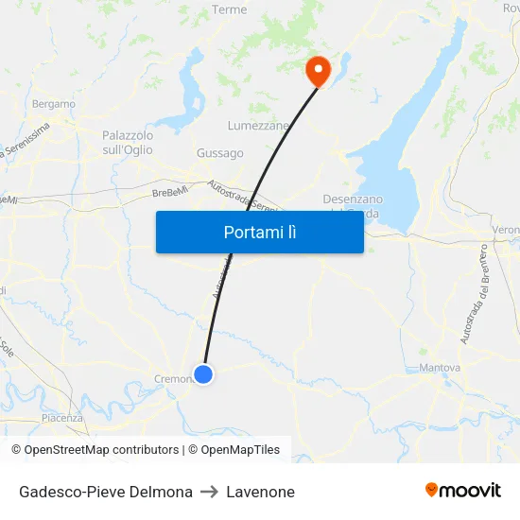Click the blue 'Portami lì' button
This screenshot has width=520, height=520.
coord(259,232)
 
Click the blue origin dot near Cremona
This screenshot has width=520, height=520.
coord(202,374)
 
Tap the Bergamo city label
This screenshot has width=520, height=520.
coord(54,103)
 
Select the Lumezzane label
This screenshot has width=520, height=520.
coord(258,125)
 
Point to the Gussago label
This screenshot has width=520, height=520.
coord(219,153)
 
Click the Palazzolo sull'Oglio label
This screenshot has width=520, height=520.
coord(128,143)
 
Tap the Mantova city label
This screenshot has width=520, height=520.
coord(440,367)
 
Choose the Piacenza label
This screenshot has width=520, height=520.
coord(62,417)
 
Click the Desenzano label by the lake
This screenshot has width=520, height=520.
coord(353,199)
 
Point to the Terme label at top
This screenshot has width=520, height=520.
coord(230,9)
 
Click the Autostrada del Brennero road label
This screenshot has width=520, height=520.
coord(475,294)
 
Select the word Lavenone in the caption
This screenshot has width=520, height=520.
coord(260,492)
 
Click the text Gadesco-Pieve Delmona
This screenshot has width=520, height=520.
coord(106,492)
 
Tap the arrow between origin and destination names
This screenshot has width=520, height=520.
coord(209,492)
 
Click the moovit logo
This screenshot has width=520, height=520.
coord(463,490)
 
